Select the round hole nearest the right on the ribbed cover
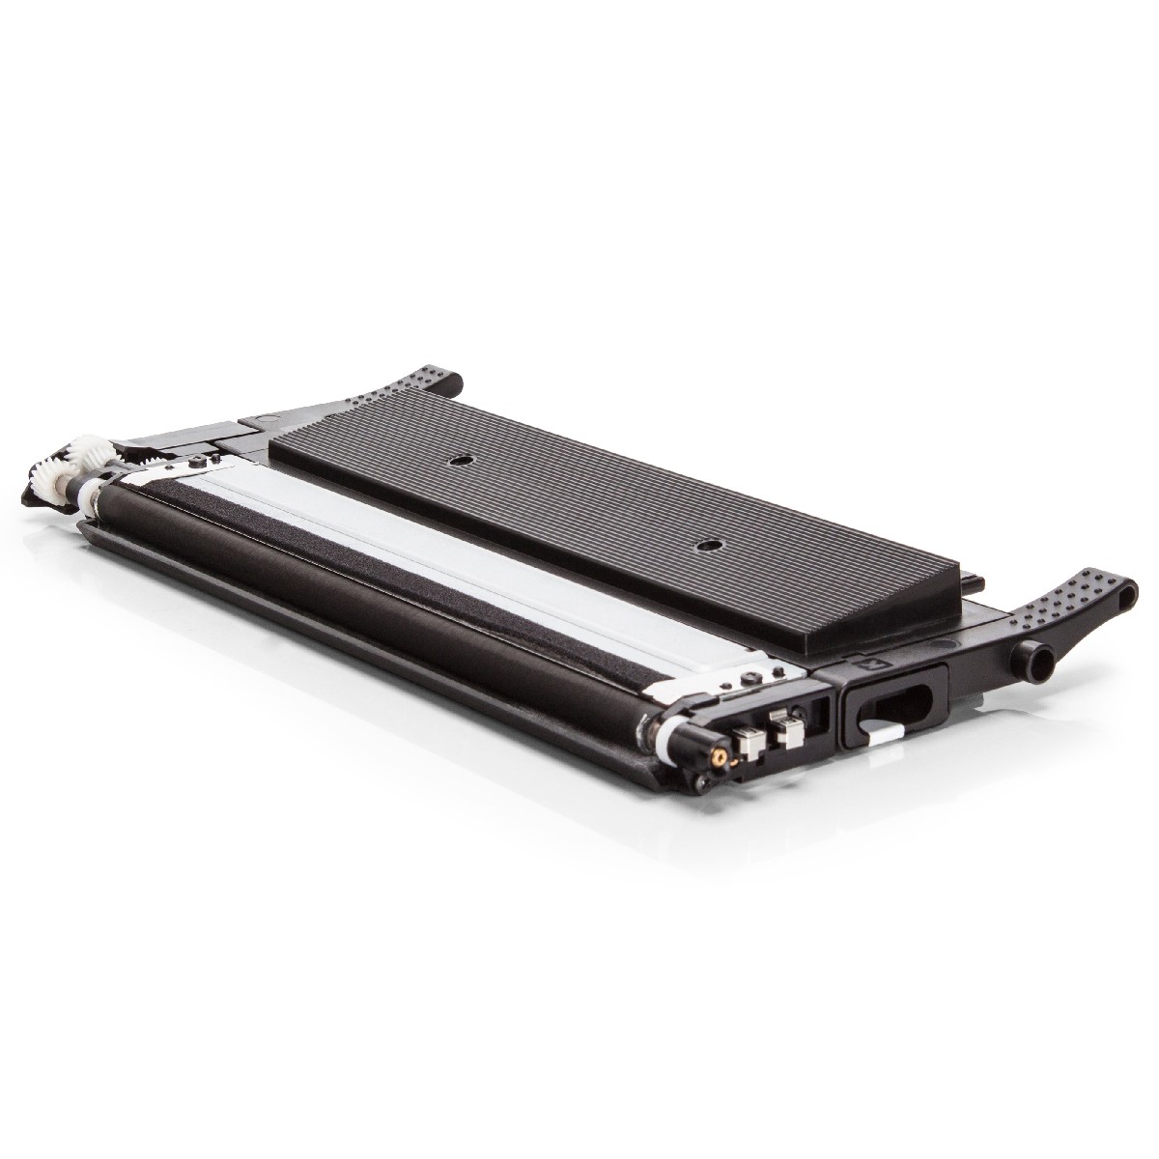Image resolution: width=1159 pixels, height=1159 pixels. pyautogui.click(x=710, y=546)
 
